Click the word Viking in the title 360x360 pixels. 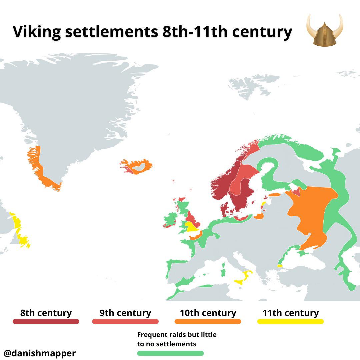coord(37,32)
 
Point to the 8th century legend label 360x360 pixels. coord(46,313)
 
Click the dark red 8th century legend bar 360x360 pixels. coord(46,321)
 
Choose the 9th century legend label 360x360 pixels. coord(125,313)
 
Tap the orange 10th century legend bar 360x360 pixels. coord(208,321)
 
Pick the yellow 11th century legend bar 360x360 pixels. coord(290,321)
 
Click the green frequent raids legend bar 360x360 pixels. coord(170,353)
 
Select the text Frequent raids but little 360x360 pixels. coord(177,335)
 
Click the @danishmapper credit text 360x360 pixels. coord(40,353)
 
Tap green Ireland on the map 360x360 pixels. coord(170,220)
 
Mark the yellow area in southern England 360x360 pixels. coord(192,227)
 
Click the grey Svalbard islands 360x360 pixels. coord(245,85)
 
